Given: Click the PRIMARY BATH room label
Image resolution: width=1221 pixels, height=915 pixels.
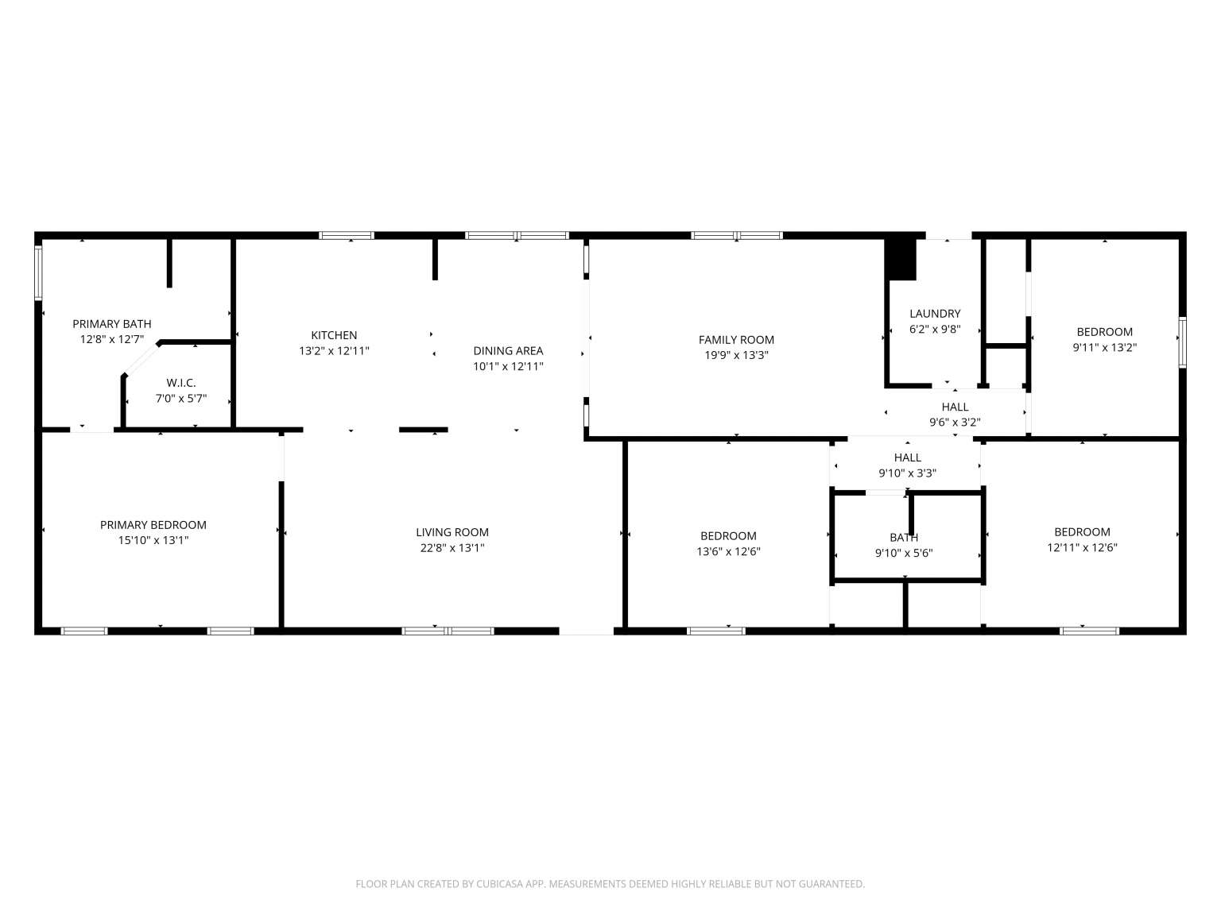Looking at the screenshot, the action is [112, 324].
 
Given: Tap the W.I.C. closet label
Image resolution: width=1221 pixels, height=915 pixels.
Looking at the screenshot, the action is [181, 383].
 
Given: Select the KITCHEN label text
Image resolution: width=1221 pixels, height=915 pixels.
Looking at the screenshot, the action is [334, 335].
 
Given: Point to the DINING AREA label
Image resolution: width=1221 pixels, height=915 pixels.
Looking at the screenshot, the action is [508, 350].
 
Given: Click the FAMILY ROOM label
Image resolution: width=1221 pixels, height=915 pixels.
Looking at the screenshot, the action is [736, 339].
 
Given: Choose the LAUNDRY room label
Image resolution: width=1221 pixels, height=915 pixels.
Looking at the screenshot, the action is [935, 313].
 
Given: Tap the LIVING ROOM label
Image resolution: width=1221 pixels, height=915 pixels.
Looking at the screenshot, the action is [452, 532].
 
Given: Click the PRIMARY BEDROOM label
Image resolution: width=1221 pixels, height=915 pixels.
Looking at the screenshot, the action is [153, 525].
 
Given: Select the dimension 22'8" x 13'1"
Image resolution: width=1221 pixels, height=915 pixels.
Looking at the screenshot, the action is [452, 548].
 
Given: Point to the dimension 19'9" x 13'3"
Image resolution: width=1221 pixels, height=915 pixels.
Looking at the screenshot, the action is [736, 355].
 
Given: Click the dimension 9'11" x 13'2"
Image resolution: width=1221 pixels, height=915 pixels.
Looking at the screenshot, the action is [1104, 347].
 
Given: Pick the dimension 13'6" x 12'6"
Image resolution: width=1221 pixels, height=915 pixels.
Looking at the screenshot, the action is [728, 552].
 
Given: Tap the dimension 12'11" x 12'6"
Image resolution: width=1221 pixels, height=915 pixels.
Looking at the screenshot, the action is [1082, 547].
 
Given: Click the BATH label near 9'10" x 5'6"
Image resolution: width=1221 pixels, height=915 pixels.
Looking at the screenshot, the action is [903, 538].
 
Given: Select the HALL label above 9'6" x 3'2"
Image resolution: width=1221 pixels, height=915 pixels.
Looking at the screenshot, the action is [955, 407].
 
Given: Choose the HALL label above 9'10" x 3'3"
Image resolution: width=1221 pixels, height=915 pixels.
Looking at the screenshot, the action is [907, 457].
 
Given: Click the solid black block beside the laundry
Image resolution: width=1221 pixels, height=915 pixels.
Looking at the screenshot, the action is [900, 260].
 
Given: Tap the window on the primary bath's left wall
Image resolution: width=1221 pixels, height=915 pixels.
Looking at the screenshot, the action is [38, 272].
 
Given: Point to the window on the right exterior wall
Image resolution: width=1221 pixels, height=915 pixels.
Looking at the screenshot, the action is [1182, 342].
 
